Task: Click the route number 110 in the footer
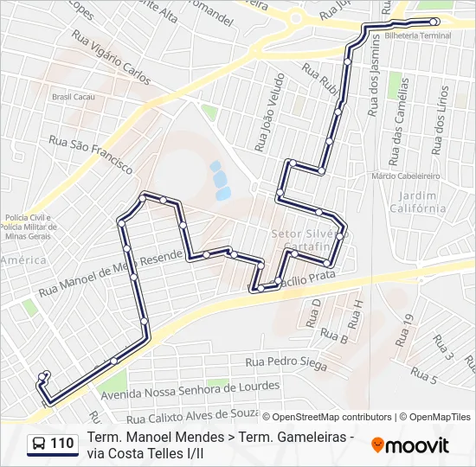61,444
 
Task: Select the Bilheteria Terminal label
418,35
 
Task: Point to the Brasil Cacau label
72,97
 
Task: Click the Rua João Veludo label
268,112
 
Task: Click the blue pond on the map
220,178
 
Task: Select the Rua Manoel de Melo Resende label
113,270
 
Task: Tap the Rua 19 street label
406,329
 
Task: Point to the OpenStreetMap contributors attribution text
327,417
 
